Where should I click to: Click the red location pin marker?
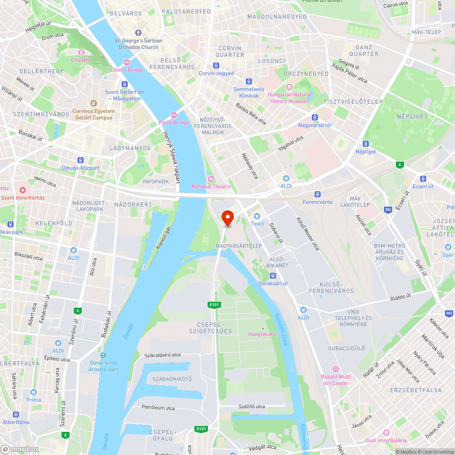tap(227, 218)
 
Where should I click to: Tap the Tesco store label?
tap(257, 223)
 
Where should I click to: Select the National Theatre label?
tap(211, 186)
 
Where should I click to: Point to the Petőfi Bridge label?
tap(174, 122)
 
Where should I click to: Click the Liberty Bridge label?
tap(127, 70)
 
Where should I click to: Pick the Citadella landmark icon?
tap(81, 52)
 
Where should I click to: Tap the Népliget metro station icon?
tap(366, 144)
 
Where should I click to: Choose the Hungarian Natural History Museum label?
tap(290, 97)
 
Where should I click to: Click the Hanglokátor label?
tap(263, 334)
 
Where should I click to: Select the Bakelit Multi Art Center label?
tap(336, 379)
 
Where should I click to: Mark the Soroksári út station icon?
tap(273, 276)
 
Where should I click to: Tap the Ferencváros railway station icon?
tap(318, 194)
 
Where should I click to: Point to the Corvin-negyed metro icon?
tap(216, 66)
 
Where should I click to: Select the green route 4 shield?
tap(399, 164)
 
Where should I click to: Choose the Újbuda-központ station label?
tap(81, 168)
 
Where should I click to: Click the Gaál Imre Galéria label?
tap(386, 440)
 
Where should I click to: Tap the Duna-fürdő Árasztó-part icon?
tap(103, 355)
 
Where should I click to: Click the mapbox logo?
tap(20, 449)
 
